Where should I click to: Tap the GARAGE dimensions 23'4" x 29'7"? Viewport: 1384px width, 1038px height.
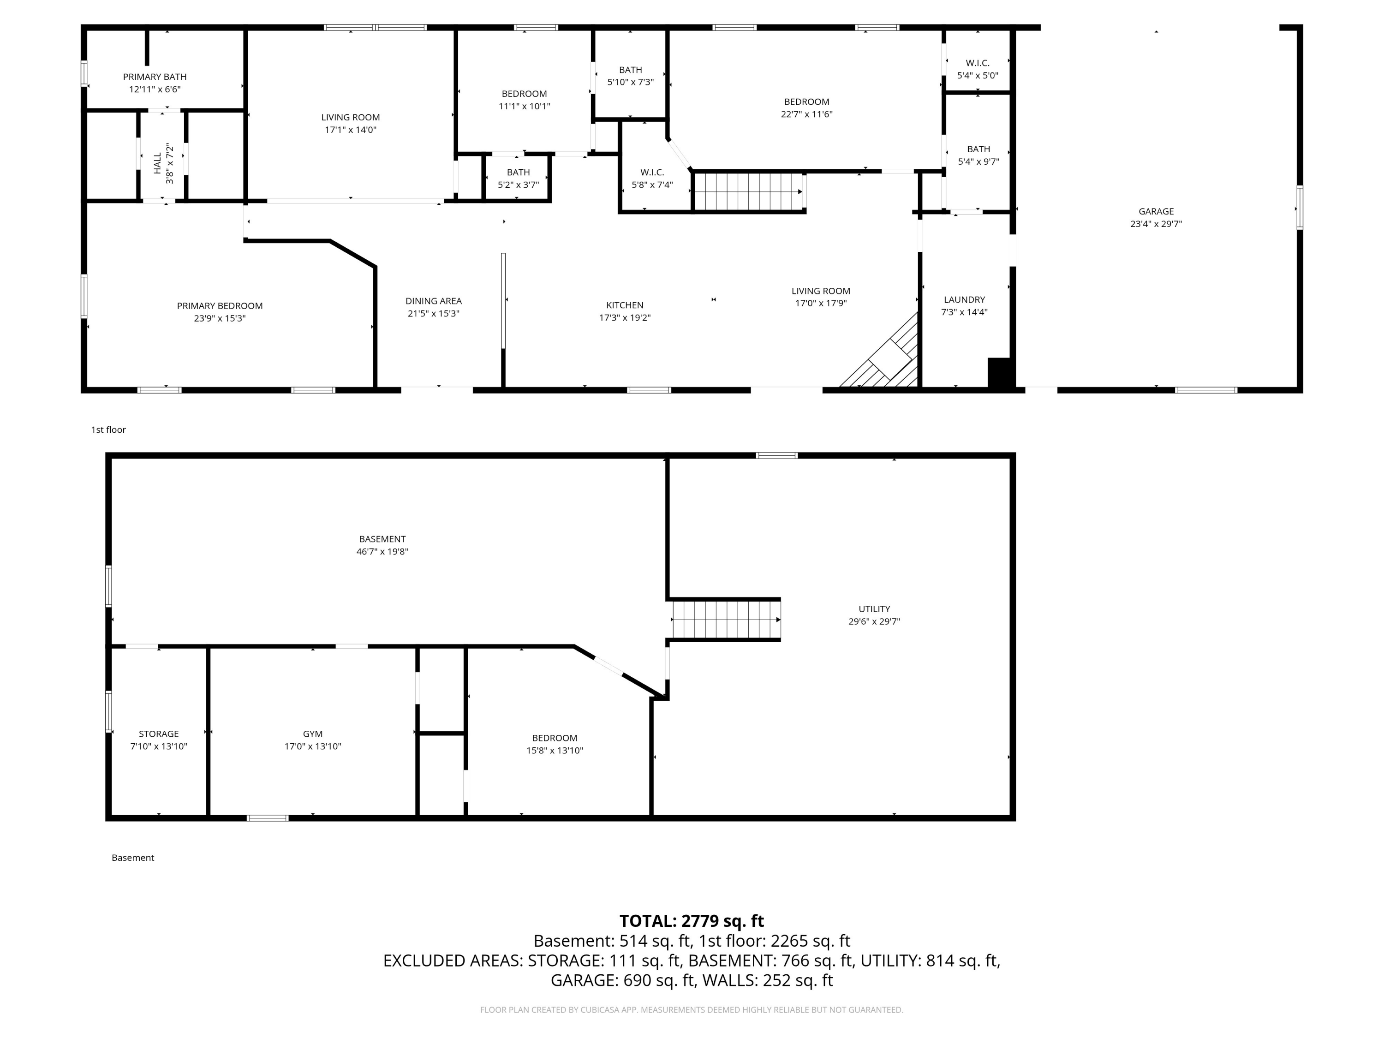click(1156, 224)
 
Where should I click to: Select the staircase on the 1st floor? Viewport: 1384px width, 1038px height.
click(748, 191)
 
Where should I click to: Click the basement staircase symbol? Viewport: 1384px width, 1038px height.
click(726, 620)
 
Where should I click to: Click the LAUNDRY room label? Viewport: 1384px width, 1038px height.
click(964, 300)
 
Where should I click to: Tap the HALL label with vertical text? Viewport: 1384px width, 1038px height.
click(158, 163)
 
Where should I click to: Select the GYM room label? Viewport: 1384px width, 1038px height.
click(312, 734)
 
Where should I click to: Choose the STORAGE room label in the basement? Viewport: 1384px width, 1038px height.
click(158, 734)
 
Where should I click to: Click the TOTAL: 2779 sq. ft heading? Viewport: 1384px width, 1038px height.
click(692, 921)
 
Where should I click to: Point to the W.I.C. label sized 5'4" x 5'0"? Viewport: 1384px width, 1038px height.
click(977, 63)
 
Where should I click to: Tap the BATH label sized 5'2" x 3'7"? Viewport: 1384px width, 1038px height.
click(518, 172)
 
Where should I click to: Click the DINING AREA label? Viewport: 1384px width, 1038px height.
click(433, 301)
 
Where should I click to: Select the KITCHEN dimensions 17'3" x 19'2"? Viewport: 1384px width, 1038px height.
click(625, 318)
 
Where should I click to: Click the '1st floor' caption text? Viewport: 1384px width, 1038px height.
click(108, 430)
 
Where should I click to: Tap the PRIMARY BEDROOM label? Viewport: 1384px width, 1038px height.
click(219, 306)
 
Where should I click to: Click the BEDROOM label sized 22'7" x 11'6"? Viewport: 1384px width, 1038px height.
click(806, 102)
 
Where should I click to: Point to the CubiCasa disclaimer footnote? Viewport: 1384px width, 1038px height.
click(692, 1010)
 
